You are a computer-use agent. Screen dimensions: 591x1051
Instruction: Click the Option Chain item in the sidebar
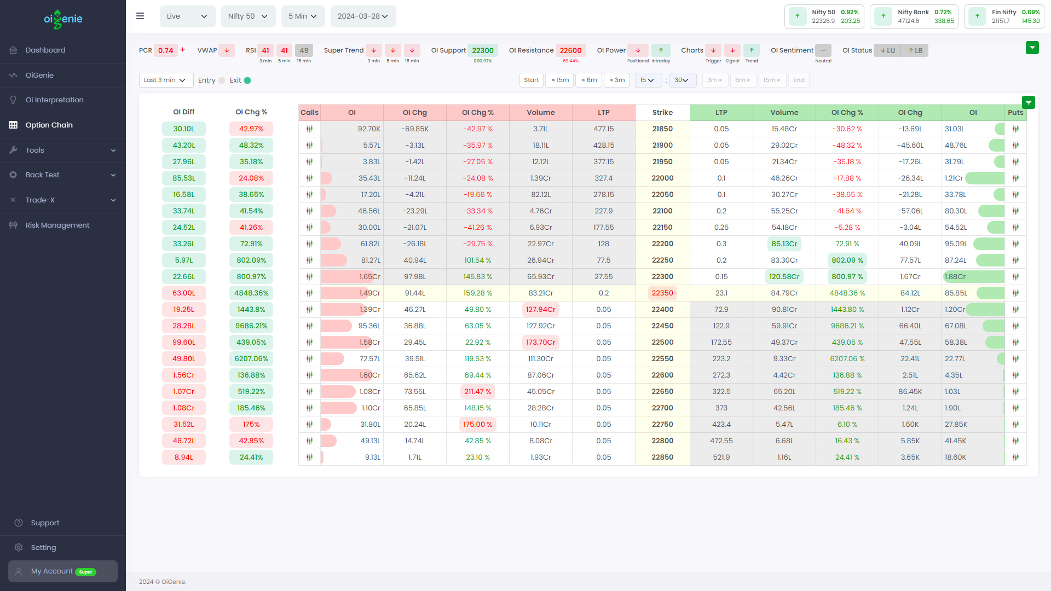49,125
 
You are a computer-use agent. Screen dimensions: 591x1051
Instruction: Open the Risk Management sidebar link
57,225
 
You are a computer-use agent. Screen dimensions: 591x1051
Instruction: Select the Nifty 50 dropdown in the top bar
247,16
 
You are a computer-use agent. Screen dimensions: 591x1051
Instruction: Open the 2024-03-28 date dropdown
362,16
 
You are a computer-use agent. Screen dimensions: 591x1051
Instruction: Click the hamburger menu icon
140,16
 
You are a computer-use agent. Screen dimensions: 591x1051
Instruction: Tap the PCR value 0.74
165,50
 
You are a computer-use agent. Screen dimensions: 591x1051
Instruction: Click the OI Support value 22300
482,50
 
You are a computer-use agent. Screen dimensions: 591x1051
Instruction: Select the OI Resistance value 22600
570,50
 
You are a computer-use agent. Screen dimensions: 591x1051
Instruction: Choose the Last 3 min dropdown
165,80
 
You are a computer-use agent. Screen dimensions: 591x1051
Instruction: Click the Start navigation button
531,80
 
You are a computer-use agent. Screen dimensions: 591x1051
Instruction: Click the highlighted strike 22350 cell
662,293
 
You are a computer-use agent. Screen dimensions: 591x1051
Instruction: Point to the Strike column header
662,112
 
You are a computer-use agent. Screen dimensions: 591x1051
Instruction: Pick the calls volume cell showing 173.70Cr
540,342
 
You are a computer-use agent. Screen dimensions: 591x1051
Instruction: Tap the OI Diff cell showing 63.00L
183,293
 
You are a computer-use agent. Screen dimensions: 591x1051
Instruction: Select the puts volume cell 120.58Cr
784,276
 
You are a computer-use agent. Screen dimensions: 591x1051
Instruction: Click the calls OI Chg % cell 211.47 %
477,391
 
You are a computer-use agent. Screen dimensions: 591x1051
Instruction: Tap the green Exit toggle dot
247,80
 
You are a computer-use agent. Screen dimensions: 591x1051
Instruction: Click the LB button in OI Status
915,50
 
